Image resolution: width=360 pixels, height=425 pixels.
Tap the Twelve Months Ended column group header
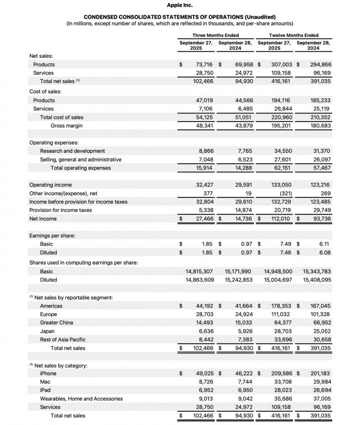pos(293,35)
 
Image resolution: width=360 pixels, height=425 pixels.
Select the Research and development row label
pos(73,151)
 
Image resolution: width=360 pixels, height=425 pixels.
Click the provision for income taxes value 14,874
pos(243,210)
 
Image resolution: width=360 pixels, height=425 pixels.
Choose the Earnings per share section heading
pos(52,236)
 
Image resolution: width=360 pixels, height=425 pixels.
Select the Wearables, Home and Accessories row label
pos(81,399)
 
